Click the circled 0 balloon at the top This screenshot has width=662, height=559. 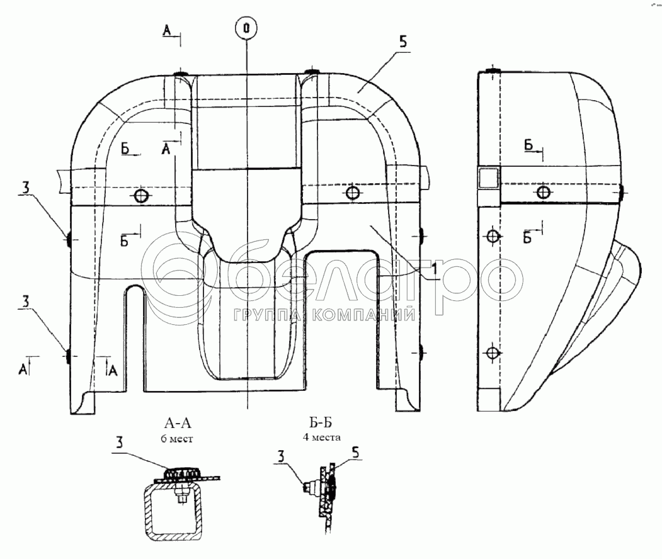click(x=246, y=28)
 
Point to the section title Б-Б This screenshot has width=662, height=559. click(x=321, y=422)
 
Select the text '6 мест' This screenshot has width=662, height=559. click(x=177, y=439)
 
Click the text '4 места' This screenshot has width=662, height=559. click(x=322, y=437)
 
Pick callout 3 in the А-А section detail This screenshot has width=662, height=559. click(x=120, y=443)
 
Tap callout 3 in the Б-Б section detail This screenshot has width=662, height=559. click(x=281, y=456)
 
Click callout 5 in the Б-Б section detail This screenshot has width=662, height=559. click(x=355, y=453)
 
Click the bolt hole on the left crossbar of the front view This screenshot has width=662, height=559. click(x=140, y=196)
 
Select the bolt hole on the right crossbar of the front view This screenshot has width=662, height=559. click(x=353, y=193)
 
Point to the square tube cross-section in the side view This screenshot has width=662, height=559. click(x=488, y=177)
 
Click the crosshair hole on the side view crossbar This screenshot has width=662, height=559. click(x=544, y=193)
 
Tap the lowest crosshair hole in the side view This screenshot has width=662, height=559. click(x=493, y=353)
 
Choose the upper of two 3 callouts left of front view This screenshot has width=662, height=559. click(x=25, y=188)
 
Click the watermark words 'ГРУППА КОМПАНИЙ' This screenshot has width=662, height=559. click(x=324, y=315)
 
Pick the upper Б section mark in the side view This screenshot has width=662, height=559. click(x=528, y=145)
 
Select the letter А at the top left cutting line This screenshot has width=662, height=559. click(x=167, y=30)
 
